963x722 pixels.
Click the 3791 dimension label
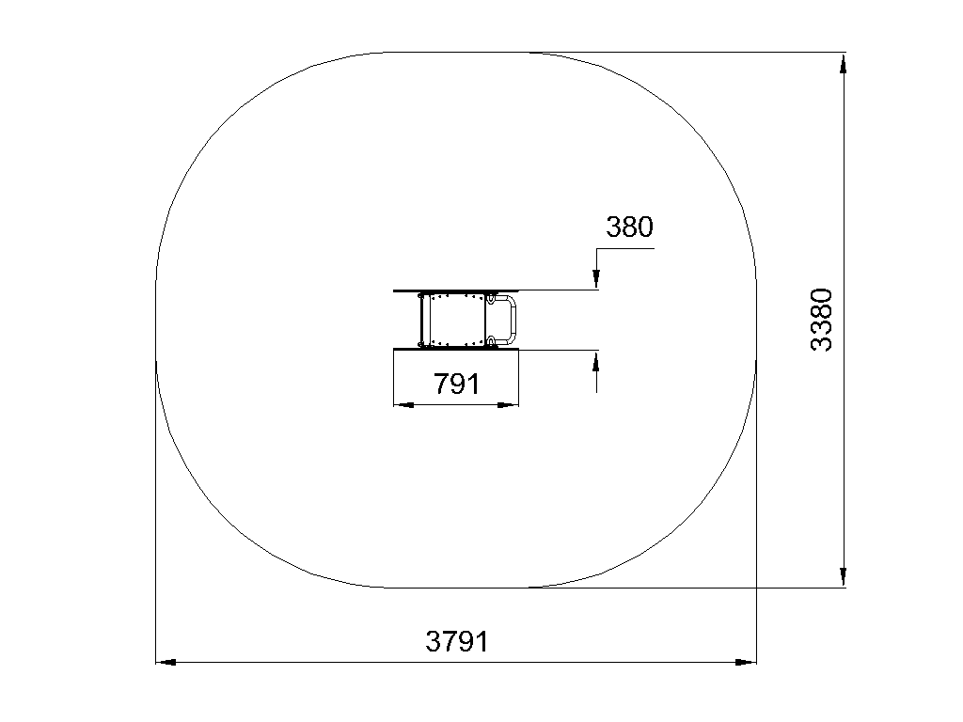(457, 641)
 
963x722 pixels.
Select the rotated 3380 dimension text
(821, 320)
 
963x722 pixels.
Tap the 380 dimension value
(629, 227)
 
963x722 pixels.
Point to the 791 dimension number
(456, 384)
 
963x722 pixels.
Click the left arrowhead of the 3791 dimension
(166, 663)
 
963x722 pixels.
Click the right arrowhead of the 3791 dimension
(746, 663)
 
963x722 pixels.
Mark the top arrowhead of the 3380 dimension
(844, 64)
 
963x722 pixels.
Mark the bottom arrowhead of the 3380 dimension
(844, 576)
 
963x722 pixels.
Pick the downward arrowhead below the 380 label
(595, 278)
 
